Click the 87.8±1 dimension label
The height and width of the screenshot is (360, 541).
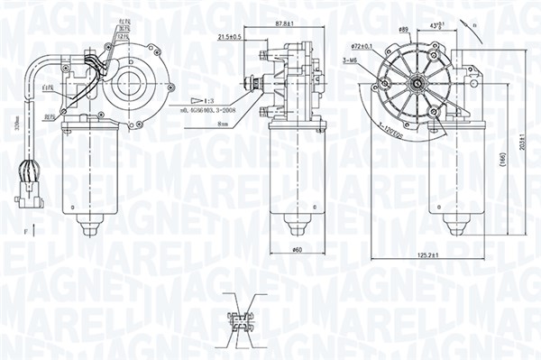pos(280,25)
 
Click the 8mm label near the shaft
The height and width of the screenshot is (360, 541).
pos(223,127)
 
